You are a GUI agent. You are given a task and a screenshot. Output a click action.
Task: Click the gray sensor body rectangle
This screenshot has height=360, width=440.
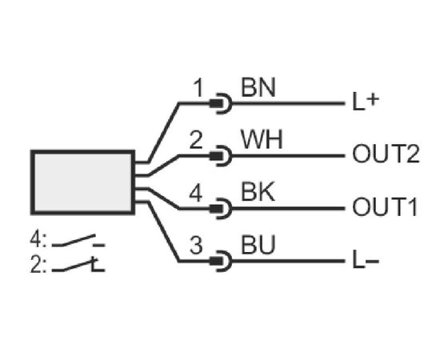(82, 182)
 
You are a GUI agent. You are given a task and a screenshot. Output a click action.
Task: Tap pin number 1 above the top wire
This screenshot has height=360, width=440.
(198, 88)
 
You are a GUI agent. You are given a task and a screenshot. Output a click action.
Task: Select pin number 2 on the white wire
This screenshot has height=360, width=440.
(196, 140)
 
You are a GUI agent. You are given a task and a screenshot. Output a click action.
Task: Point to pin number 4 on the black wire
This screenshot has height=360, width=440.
(195, 193)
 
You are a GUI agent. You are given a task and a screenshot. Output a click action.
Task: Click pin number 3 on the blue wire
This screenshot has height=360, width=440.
(196, 246)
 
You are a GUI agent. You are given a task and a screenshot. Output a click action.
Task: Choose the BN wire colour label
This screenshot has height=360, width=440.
(258, 87)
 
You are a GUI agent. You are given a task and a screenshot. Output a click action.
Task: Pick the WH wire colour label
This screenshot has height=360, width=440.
(262, 140)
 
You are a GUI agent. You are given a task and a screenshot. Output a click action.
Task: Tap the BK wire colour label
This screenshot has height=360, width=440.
(258, 192)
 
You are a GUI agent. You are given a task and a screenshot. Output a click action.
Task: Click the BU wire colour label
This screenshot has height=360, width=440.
(258, 245)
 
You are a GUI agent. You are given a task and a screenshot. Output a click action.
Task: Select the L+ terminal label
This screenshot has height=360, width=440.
(366, 102)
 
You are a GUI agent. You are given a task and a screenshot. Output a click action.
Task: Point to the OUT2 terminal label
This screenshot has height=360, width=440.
(386, 154)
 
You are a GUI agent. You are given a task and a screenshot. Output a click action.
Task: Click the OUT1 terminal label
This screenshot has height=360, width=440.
(385, 206)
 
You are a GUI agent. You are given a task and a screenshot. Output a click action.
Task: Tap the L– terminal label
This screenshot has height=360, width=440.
(366, 260)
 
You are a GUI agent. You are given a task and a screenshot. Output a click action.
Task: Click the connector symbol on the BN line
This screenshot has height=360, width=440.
(222, 103)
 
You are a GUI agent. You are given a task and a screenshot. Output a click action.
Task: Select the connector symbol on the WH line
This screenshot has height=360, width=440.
(222, 156)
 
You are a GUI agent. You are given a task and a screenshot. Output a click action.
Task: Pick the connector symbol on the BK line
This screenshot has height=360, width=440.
(222, 209)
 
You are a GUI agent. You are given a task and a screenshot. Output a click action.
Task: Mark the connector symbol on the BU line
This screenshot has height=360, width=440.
(222, 262)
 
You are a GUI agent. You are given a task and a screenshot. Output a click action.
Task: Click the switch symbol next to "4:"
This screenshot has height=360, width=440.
(78, 241)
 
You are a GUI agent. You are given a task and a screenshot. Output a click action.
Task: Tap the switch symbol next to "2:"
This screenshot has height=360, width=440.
(78, 265)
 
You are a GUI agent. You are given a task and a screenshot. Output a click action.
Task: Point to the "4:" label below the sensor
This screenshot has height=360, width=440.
(38, 240)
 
